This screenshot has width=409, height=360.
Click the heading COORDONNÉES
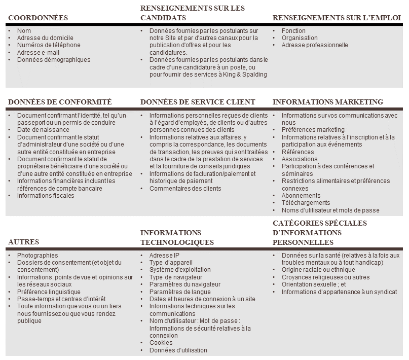[38, 18]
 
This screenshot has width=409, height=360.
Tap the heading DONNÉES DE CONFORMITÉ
[60, 102]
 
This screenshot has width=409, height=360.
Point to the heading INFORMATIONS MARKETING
[327, 102]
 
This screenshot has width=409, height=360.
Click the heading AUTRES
[24, 242]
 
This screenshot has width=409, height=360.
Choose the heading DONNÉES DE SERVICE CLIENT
[198, 102]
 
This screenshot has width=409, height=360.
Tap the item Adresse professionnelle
[315, 45]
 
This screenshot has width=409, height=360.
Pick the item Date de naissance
[43, 130]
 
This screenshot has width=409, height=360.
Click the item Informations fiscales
[46, 196]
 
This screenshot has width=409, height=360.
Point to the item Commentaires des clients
[185, 189]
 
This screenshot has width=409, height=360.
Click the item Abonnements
[301, 196]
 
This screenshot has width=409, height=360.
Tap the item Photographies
[38, 256]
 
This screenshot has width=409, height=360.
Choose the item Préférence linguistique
[49, 292]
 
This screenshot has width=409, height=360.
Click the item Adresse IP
[164, 256]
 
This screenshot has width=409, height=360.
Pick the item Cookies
[161, 343]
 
